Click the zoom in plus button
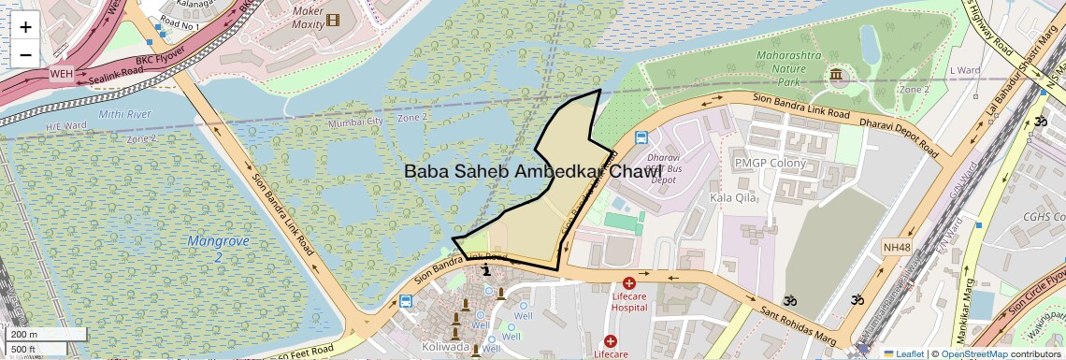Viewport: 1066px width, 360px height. (x=25, y=26)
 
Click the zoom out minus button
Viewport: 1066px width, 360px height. (x=25, y=54)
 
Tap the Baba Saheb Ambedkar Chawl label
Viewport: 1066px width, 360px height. (x=532, y=172)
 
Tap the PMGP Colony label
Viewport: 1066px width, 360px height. (x=770, y=163)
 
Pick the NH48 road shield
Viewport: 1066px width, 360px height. (x=896, y=247)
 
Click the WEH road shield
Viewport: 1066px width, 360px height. (x=61, y=73)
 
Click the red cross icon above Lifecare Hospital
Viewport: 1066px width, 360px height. (x=628, y=282)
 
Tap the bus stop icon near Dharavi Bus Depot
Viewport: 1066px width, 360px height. (x=641, y=137)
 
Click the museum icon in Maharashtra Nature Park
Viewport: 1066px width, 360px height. (x=834, y=74)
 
